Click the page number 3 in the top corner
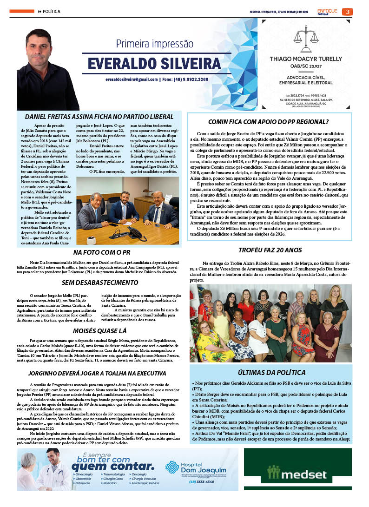point(347,12)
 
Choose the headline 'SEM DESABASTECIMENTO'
point(99,282)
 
